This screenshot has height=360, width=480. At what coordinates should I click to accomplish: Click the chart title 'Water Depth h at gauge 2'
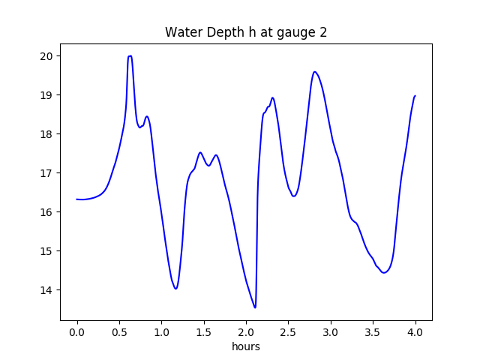(246, 33)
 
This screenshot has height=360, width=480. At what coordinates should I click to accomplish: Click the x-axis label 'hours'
(246, 347)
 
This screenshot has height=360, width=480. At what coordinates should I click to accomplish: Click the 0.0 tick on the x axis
(77, 332)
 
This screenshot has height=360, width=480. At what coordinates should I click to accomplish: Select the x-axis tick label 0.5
(119, 332)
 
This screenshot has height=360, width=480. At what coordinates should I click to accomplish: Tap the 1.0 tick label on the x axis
(161, 332)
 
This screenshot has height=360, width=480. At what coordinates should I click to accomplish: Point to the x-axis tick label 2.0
(246, 332)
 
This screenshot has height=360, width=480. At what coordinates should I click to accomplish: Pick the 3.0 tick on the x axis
(331, 332)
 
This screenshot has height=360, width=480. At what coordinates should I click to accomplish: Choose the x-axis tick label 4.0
(415, 332)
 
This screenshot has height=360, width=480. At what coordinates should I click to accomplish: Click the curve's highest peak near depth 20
(130, 56)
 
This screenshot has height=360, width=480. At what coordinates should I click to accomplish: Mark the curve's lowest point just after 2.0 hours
(255, 307)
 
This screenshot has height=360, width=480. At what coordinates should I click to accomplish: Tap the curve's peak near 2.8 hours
(315, 72)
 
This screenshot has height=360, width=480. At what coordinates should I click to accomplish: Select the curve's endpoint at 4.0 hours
(415, 96)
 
